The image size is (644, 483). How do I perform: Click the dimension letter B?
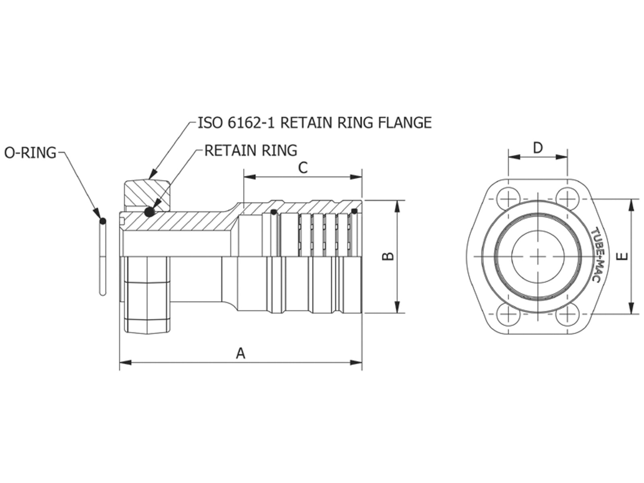[388, 256]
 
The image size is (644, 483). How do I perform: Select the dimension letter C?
[303, 168]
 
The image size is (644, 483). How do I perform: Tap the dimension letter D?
[538, 148]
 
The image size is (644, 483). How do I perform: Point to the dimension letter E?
[622, 256]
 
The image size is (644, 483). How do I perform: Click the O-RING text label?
[30, 153]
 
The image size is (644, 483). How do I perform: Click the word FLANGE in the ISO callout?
[405, 123]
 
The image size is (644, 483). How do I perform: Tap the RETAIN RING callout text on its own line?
[251, 151]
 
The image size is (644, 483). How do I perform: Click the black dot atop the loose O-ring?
[103, 221]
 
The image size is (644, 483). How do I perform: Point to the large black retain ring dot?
[150, 212]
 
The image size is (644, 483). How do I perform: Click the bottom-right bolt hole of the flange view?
[567, 314]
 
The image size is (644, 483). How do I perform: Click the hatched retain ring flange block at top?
[147, 195]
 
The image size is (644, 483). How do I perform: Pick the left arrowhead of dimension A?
[125, 363]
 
